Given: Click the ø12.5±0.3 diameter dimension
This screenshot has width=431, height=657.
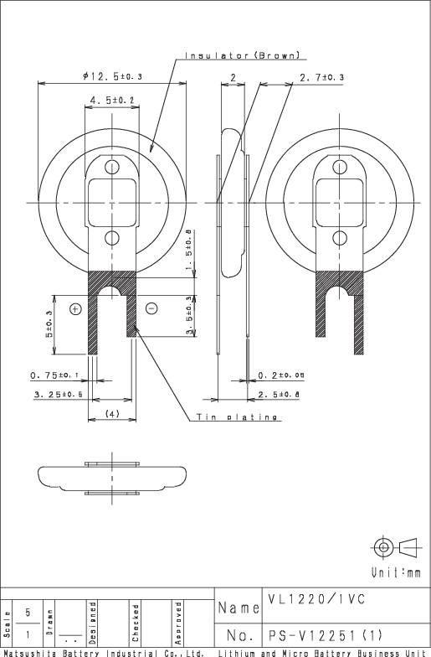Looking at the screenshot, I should (112, 76).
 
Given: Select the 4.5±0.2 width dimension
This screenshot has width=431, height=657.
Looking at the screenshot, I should (112, 101).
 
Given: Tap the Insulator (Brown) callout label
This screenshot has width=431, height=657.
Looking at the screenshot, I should (244, 56).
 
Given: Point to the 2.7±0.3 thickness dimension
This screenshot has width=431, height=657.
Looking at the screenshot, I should (321, 77).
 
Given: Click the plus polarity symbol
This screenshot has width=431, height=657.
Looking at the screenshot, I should (75, 308).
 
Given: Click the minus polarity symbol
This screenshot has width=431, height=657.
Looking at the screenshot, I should (151, 308).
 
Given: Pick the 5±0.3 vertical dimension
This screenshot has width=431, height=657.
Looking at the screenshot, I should (49, 324).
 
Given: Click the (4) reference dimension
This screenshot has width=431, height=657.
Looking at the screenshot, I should (112, 413).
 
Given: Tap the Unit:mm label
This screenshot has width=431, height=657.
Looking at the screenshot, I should (396, 572).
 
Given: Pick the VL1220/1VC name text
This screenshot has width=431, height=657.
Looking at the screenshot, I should (319, 600).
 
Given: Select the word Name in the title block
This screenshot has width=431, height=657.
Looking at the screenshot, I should (238, 607).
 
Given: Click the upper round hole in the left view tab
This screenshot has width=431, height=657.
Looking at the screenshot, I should (112, 166).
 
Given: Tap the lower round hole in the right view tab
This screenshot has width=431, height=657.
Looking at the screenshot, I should (340, 238).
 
